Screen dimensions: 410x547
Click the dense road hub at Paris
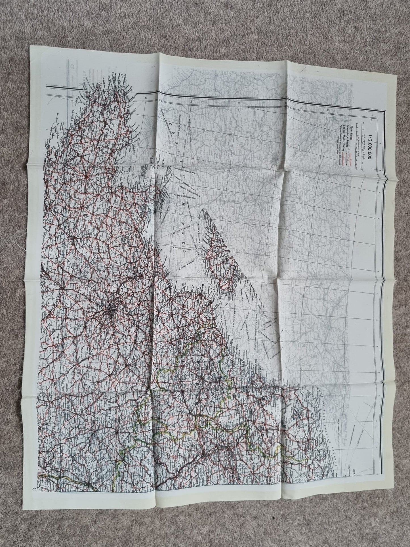tap(112, 309)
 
